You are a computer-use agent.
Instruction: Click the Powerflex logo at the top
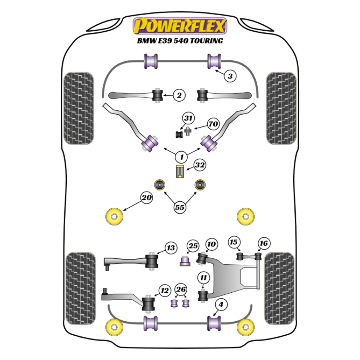pyautogui.click(x=180, y=26)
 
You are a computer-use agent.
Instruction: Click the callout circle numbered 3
pyautogui.click(x=230, y=76)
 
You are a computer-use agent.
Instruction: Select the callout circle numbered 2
pyautogui.click(x=179, y=95)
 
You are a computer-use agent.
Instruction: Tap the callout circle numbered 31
pyautogui.click(x=188, y=118)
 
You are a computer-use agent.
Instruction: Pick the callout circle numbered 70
pyautogui.click(x=213, y=124)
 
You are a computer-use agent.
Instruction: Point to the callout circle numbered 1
pyautogui.click(x=181, y=157)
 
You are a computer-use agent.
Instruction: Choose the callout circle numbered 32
pyautogui.click(x=200, y=165)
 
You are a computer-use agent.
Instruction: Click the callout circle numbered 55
pyautogui.click(x=180, y=207)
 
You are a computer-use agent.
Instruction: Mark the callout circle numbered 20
pyautogui.click(x=146, y=198)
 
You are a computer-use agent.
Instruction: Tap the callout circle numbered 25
pyautogui.click(x=193, y=246)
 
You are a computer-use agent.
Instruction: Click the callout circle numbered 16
pyautogui.click(x=264, y=243)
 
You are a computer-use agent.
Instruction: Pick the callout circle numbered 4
pyautogui.click(x=221, y=305)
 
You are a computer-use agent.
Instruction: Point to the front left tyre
pyautogui.click(x=78, y=108)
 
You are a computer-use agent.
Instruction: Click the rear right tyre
pyautogui.click(x=279, y=288)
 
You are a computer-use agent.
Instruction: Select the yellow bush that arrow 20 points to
pyautogui.click(x=114, y=216)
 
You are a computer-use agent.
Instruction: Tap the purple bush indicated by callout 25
pyautogui.click(x=185, y=261)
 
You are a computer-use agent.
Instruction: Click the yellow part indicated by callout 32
pyautogui.click(x=180, y=171)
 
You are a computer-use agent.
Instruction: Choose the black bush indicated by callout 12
pyautogui.click(x=148, y=303)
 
